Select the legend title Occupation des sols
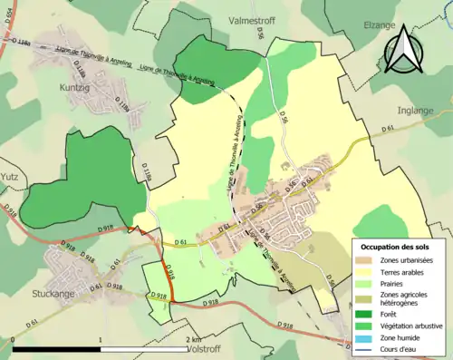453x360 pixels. tap(399, 247)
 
